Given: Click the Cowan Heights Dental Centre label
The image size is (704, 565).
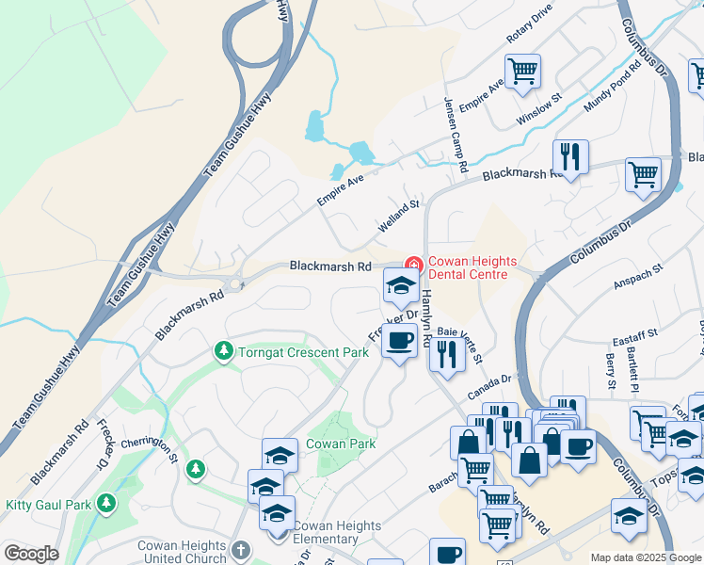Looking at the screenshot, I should point(468,267).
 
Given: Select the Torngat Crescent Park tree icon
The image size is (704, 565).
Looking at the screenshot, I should point(223,352).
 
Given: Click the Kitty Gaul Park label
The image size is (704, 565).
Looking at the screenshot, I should point(49,505).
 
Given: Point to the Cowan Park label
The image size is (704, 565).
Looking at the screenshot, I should point(341,444).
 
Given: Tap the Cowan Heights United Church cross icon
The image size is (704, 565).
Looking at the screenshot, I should point(240,549).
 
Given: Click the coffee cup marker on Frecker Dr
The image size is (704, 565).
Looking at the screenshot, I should point(400,341).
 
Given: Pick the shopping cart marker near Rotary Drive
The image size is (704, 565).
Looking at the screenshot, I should point(522,71).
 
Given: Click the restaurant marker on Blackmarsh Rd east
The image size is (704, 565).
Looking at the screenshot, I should point(569,155).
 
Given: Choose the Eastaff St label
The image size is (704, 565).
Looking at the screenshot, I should point(633,336).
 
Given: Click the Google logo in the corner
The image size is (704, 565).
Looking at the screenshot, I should point(31,554).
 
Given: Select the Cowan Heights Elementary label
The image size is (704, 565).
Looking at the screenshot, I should point(337,533).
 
